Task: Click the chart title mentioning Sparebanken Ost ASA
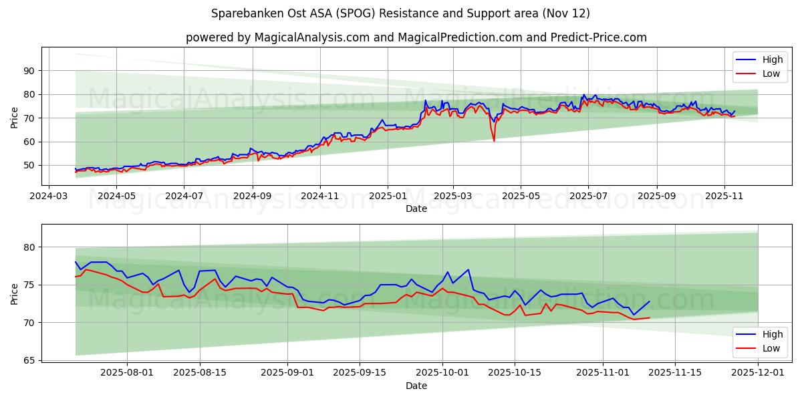click(x=400, y=13)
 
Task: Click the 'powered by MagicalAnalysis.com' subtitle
click(x=416, y=37)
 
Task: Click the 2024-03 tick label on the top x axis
click(x=48, y=196)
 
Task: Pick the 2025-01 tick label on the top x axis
click(x=388, y=196)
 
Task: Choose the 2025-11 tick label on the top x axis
click(x=724, y=196)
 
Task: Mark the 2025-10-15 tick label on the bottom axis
click(x=515, y=372)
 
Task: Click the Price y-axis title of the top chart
click(x=14, y=118)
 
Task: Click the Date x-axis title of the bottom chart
click(x=416, y=386)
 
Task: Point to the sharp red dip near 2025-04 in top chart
click(x=494, y=140)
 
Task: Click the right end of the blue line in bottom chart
click(x=649, y=301)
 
